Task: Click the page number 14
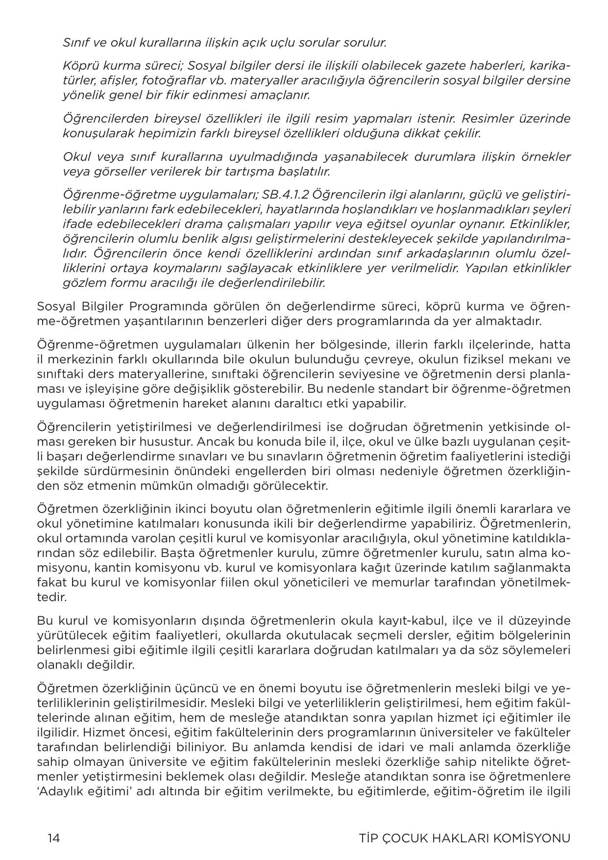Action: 54,837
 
